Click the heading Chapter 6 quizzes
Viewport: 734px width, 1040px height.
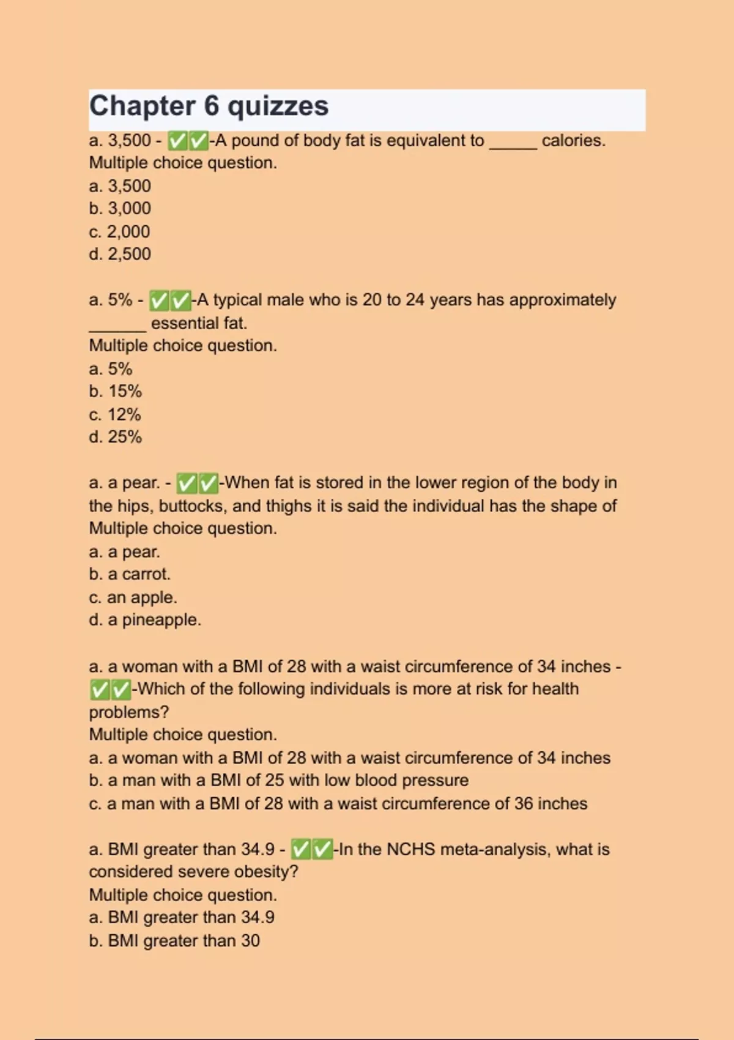209,106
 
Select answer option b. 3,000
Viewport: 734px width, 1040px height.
120,209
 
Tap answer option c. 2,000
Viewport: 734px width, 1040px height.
119,232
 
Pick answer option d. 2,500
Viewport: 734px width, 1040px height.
120,254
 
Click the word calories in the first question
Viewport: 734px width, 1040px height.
573,141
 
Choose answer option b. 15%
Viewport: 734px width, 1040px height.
115,392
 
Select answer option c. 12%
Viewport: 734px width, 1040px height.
115,415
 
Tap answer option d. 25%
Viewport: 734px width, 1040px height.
115,437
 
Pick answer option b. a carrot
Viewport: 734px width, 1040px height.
130,574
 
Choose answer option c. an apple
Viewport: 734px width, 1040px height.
133,598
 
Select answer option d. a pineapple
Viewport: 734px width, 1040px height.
145,620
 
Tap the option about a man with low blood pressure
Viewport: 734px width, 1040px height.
278,781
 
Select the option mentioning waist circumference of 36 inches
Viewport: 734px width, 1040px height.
338,804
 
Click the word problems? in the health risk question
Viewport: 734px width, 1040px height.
129,712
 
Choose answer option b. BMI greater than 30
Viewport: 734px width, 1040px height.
174,941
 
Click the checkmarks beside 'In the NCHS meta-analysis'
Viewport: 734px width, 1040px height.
312,850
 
